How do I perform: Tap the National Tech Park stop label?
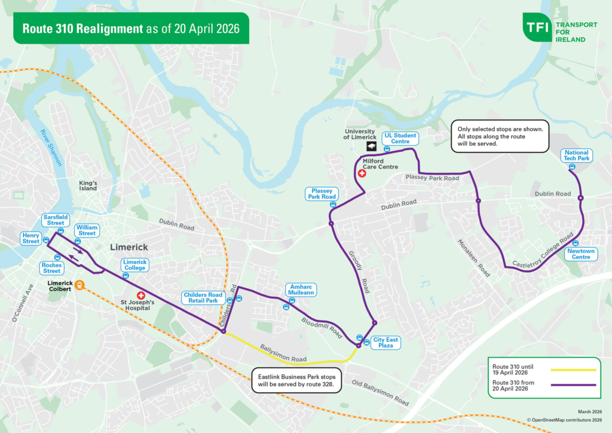tap(577, 155)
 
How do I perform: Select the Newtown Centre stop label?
tap(580, 254)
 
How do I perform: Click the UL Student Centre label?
tap(400, 139)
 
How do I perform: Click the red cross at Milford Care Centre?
tap(362, 173)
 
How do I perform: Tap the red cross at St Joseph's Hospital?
tap(141, 295)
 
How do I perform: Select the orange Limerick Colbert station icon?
tap(79, 286)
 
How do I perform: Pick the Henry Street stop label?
tap(30, 238)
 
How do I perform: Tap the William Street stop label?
tap(87, 230)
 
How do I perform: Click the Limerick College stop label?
tap(135, 265)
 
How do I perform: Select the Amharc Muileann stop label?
tap(300, 289)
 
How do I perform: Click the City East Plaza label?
tap(385, 342)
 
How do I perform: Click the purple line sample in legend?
tap(573, 386)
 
